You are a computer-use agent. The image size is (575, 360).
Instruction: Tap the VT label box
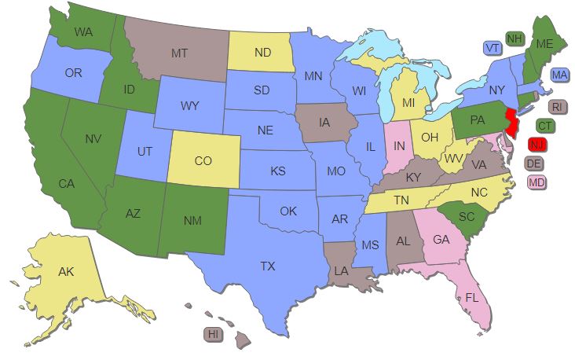493,48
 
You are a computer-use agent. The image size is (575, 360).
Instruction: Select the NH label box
515,39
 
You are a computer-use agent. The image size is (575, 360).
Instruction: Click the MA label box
560,75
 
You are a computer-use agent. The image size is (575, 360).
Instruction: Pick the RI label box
557,106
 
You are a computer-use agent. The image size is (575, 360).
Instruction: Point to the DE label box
533,163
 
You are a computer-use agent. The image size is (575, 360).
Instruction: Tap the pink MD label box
537,182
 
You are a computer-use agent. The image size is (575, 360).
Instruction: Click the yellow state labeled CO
203,160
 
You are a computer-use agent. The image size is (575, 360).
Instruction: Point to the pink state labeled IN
399,147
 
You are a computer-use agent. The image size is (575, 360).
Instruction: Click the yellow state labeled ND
262,53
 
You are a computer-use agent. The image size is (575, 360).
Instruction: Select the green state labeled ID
129,90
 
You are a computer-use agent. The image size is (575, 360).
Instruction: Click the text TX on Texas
267,266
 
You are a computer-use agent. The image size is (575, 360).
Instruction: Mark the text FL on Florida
471,298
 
